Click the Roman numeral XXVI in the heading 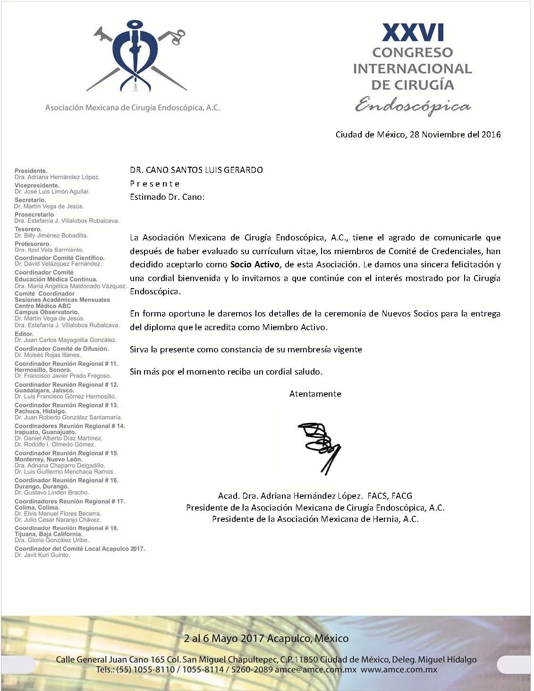[413, 33]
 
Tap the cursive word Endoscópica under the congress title [413, 105]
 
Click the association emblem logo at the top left [136, 56]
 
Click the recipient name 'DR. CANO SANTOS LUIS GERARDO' [196, 170]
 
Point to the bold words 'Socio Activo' [254, 264]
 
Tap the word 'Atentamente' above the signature [315, 394]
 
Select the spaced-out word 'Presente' [155, 184]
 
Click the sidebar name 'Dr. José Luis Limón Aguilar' [52, 192]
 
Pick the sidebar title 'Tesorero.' [28, 229]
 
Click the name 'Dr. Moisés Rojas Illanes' [48, 355]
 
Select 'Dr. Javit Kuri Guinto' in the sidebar [42, 555]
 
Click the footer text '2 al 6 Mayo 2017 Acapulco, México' [266, 639]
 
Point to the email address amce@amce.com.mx [315, 669]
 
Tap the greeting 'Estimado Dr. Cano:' [167, 197]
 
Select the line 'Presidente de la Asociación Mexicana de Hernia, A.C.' [315, 519]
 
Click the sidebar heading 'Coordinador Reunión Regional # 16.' [67, 480]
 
